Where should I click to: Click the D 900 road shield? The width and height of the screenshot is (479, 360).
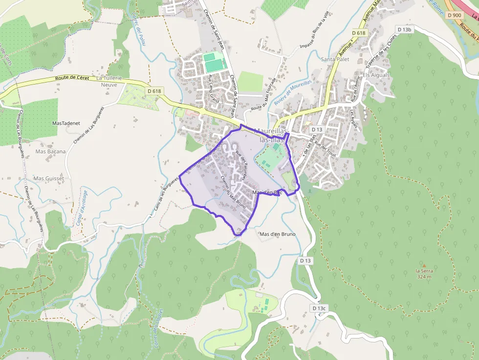point(454,15)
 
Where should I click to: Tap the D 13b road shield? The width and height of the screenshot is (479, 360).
point(405,29)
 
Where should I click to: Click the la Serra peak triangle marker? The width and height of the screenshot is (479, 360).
point(424,265)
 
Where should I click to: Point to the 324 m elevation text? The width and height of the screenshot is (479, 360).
point(424,277)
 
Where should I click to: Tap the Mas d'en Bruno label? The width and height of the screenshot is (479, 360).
point(277,234)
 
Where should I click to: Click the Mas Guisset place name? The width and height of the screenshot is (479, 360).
point(48,179)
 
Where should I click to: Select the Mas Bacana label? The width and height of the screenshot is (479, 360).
point(50,151)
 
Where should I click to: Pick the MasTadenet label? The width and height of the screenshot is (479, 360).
point(66,124)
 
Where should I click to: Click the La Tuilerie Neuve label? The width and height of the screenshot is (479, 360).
point(109,81)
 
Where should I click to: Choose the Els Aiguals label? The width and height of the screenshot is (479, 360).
point(376,75)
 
